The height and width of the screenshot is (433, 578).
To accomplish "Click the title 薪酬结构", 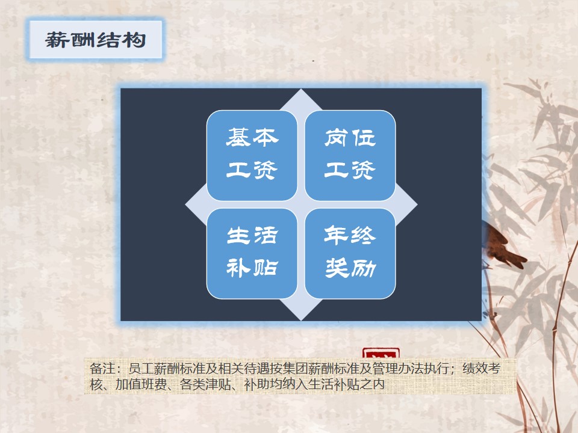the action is coord(96,40).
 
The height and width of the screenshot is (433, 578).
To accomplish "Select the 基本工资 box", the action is coord(252,155).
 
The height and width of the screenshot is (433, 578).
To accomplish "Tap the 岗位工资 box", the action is coord(350,155).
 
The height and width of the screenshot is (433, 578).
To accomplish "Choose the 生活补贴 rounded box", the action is coord(252,253).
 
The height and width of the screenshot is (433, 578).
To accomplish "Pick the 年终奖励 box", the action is coord(350,253).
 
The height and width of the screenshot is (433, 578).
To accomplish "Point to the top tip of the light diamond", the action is coord(301,89).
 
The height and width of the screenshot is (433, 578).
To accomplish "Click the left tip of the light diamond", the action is coord(185,204).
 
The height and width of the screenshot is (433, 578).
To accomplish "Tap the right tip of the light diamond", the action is coord(417,204).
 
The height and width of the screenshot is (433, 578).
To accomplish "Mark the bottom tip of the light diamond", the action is coord(301,321).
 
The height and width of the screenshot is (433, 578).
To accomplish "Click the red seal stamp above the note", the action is coord(381,353).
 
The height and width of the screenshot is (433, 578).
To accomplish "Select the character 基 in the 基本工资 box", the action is coord(239,138).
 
